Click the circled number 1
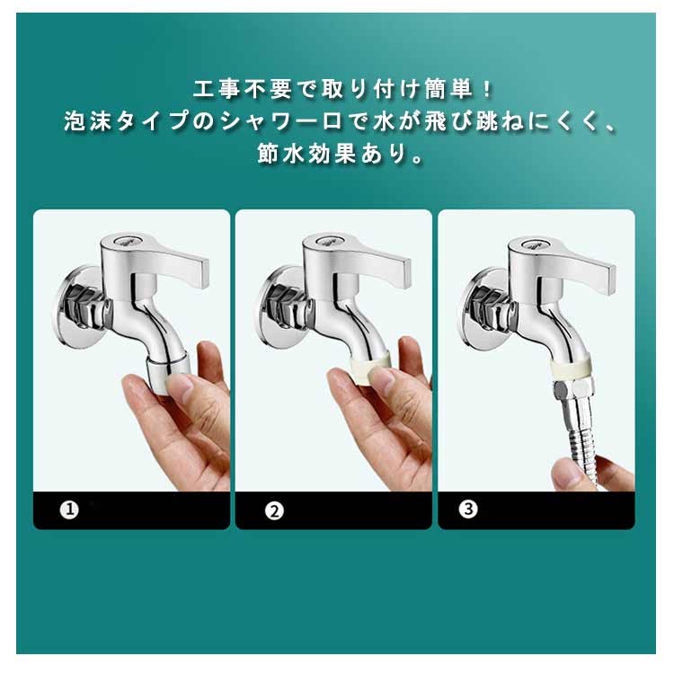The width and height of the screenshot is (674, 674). (x=69, y=510)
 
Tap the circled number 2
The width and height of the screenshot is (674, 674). (x=274, y=511)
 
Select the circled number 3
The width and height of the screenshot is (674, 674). (x=468, y=510)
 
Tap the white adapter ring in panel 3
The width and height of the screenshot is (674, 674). (x=572, y=368)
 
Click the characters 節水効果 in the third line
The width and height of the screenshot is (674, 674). (x=306, y=154)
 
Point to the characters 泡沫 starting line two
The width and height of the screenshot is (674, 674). (x=88, y=121)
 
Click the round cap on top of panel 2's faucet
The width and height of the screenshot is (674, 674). (x=325, y=240)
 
